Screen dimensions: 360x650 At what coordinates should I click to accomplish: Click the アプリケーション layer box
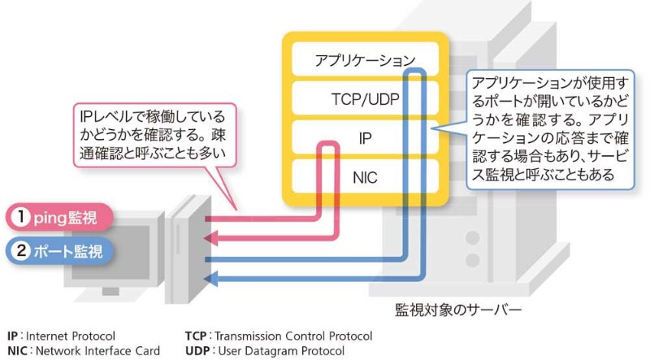(x=365, y=60)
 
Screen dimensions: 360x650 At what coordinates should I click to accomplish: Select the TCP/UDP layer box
(x=365, y=99)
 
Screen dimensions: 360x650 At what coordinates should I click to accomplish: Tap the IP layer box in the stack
(x=365, y=139)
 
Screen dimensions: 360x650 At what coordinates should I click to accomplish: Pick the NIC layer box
(x=365, y=177)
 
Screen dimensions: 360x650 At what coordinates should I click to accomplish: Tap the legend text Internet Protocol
(x=71, y=336)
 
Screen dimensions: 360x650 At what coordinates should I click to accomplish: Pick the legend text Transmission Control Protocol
(x=293, y=336)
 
